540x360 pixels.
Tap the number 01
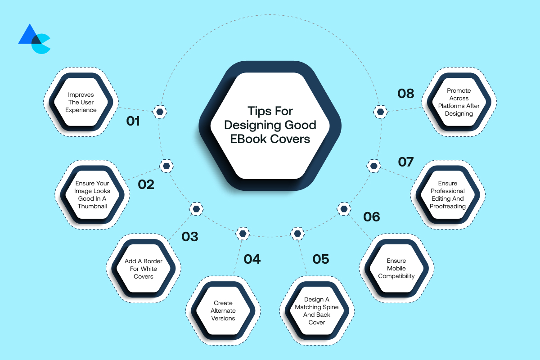click(x=133, y=121)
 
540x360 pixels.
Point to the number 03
click(x=190, y=236)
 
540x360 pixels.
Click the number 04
click(x=252, y=259)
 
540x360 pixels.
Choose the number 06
click(x=372, y=217)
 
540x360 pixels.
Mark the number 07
click(x=406, y=162)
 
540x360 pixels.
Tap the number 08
click(x=406, y=93)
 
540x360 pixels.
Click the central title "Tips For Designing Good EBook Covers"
click(x=270, y=125)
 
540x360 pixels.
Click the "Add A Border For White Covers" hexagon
click(x=144, y=269)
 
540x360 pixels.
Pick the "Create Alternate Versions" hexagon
click(x=223, y=310)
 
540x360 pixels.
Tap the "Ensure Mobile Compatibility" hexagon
click(x=396, y=268)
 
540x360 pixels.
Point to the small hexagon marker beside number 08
click(x=381, y=111)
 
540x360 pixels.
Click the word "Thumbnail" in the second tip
click(x=93, y=206)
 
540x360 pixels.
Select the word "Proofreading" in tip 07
click(x=447, y=206)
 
